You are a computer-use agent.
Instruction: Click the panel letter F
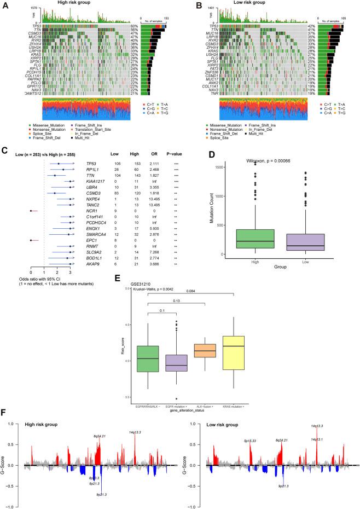(5, 411)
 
